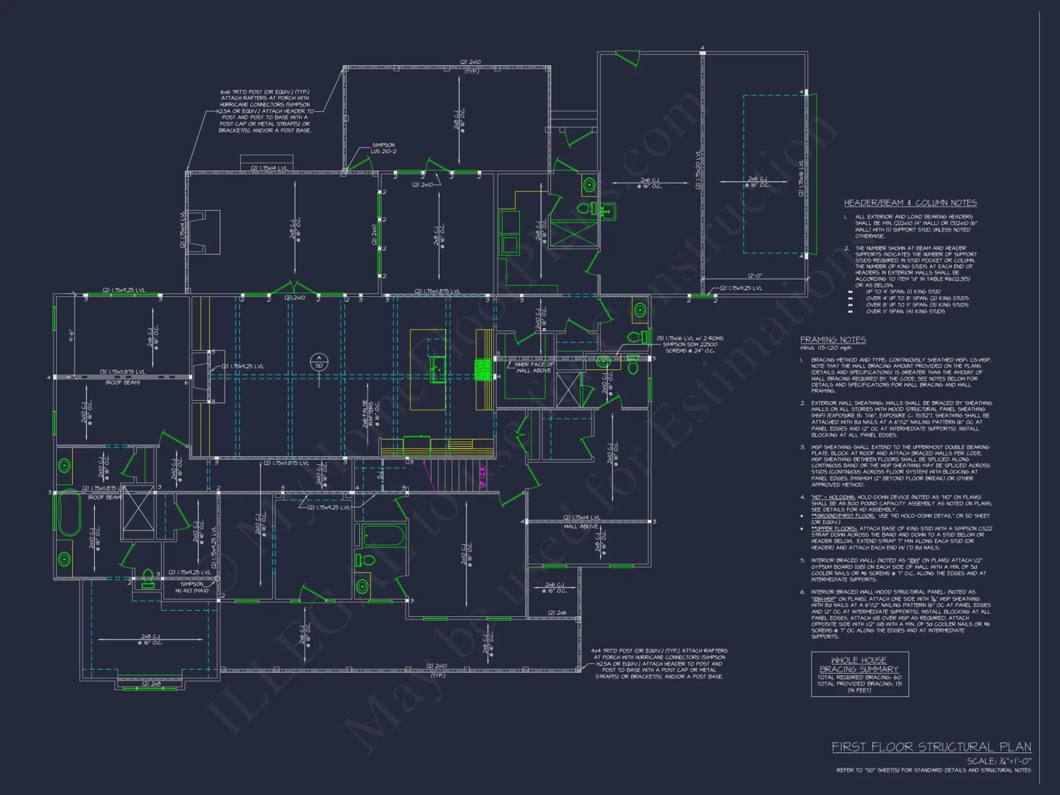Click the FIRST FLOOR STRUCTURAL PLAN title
(931, 747)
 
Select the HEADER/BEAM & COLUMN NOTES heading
(910, 203)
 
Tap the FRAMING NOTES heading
(833, 340)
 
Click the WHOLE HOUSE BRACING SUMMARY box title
(859, 665)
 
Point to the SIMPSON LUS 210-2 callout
(383, 148)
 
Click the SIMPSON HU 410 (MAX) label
(192, 587)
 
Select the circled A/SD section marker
(319, 362)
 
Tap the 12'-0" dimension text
(755, 276)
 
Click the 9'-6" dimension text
(71, 335)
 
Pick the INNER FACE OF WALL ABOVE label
(534, 367)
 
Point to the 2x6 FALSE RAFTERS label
(368, 413)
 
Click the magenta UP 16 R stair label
(483, 477)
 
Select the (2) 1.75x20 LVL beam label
(698, 170)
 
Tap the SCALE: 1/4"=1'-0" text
(999, 761)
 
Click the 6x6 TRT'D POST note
(265, 111)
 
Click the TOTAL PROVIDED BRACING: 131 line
(859, 684)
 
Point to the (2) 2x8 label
(152, 684)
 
